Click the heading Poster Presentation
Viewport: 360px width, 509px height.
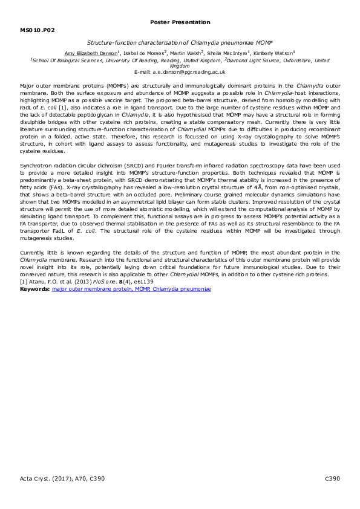click(x=180, y=22)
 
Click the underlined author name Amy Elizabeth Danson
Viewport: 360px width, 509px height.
click(x=91, y=53)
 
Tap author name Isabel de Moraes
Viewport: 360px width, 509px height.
click(x=142, y=53)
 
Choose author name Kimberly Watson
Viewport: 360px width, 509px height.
click(x=275, y=53)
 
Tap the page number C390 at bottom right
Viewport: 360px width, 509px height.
click(x=333, y=479)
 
